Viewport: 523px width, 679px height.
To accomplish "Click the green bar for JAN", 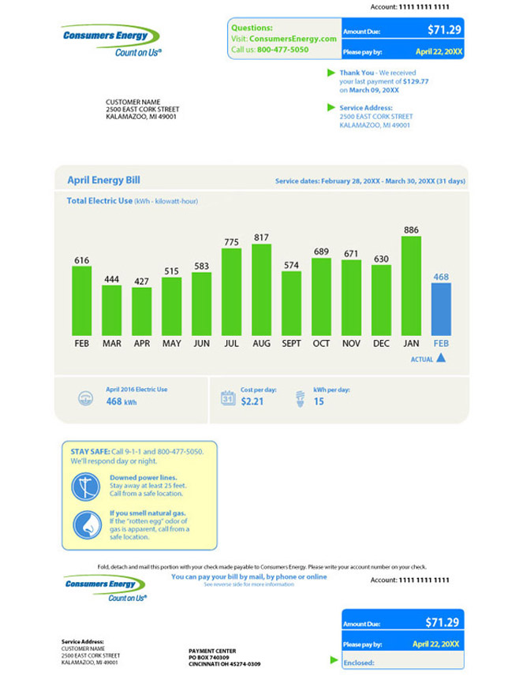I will (411, 285).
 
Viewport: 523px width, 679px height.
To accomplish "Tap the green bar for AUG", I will (261, 289).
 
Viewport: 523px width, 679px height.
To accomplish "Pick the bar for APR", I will (142, 312).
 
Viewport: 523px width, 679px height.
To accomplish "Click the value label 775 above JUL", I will (231, 242).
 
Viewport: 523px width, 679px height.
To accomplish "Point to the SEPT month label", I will (291, 344).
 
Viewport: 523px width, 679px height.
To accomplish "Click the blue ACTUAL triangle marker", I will (441, 358).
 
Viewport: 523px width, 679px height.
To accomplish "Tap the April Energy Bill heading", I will (103, 181).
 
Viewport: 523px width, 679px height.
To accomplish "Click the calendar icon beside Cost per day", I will (228, 398).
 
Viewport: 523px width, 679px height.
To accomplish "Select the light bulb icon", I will (301, 397).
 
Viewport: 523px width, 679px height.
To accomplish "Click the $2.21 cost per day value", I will (252, 401).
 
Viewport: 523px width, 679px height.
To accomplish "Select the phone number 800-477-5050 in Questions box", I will (282, 50).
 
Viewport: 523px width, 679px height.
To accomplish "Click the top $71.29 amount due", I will (443, 30).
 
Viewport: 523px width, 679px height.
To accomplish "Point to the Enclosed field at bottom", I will (359, 662).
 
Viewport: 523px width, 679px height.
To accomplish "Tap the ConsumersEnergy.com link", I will (293, 39).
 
